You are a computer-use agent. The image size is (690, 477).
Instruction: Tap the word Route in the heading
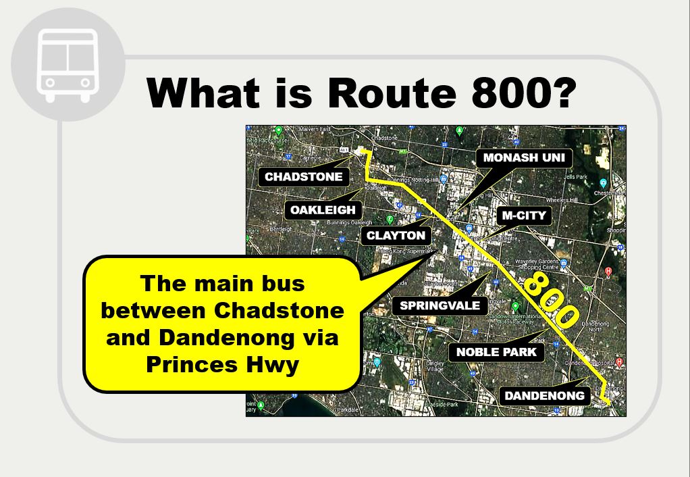[x=388, y=93]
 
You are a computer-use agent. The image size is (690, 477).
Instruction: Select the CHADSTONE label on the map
[x=304, y=177]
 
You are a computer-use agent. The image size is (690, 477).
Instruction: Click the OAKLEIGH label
[x=323, y=210]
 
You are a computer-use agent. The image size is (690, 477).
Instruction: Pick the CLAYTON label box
[x=396, y=236]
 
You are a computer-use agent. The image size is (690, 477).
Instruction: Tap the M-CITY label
[x=525, y=216]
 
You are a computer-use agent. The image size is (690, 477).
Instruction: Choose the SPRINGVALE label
[x=440, y=305]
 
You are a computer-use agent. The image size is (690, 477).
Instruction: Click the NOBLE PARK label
[x=496, y=352]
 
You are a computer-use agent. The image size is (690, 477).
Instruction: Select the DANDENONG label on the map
[x=544, y=395]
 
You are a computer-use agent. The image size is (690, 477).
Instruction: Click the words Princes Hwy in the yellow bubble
[x=222, y=366]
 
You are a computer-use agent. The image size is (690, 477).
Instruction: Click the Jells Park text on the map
[x=576, y=177]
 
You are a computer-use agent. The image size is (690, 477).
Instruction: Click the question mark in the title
[x=560, y=93]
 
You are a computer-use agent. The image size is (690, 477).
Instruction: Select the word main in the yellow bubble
[x=219, y=283]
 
